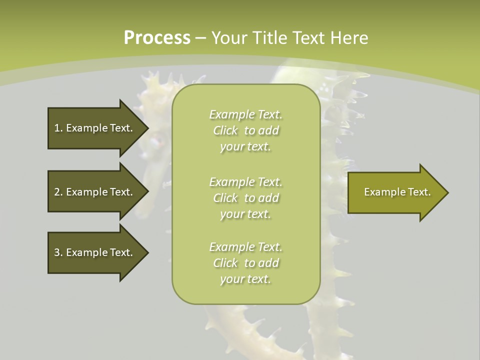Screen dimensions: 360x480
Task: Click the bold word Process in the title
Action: click(x=157, y=38)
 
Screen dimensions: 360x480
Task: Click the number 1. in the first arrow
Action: click(x=58, y=128)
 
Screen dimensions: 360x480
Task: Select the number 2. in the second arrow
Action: click(x=58, y=192)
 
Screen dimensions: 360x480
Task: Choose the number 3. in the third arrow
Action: click(x=58, y=252)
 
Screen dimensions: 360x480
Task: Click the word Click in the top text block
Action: click(x=225, y=130)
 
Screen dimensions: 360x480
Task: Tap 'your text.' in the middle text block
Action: click(x=245, y=214)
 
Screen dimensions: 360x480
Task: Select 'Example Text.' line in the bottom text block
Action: click(x=245, y=247)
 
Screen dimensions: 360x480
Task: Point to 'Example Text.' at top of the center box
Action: click(x=245, y=114)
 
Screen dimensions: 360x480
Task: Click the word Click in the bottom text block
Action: click(x=225, y=263)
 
